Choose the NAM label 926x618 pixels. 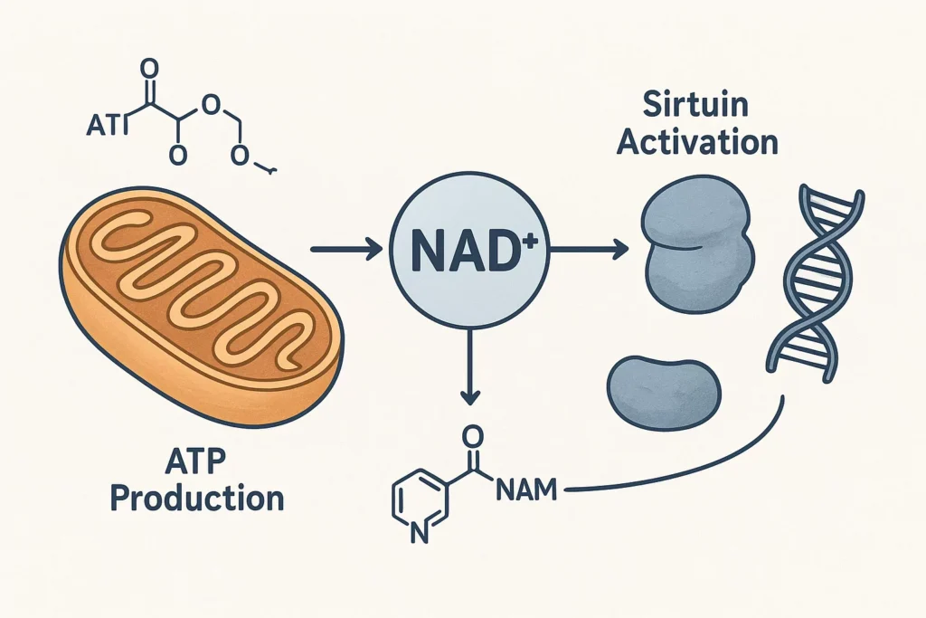coord(528,491)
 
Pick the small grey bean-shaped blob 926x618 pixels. coord(666,389)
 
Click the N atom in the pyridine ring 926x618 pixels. coord(418,534)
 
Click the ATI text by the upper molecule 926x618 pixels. coord(107,127)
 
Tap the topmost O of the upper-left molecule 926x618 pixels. coord(149,70)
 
